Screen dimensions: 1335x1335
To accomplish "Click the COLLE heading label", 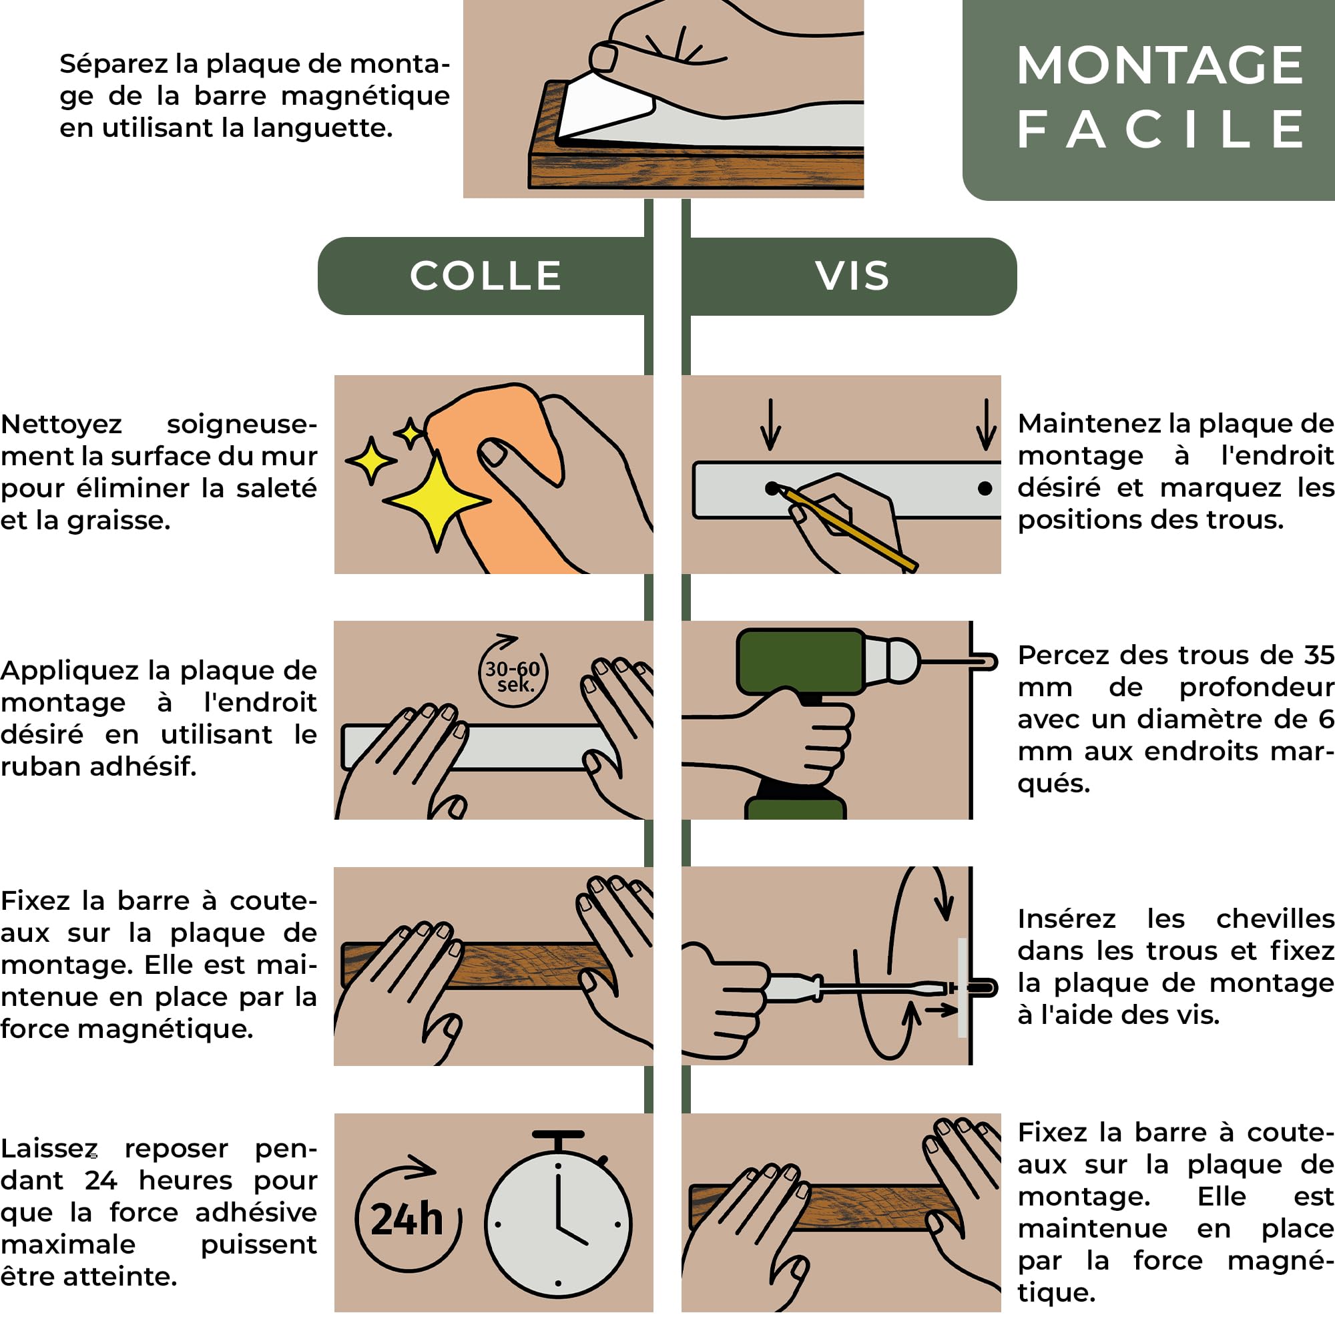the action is [x=485, y=276].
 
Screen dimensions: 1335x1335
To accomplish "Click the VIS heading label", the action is [x=852, y=276].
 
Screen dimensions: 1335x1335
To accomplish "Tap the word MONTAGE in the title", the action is [x=1160, y=65].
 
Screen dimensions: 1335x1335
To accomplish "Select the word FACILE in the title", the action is [x=1160, y=129].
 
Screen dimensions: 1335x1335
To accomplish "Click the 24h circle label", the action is [x=408, y=1219].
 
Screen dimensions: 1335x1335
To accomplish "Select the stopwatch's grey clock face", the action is [x=557, y=1224].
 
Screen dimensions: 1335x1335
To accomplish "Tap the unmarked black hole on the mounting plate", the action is [x=985, y=489].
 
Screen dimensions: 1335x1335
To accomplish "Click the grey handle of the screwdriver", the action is [x=792, y=988].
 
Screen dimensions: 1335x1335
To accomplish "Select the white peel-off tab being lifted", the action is [x=605, y=107].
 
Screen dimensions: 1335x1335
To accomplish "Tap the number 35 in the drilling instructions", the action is [x=1319, y=654].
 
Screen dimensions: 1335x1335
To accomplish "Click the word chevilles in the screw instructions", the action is [x=1275, y=919].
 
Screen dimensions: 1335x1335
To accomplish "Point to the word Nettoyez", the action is [x=61, y=425].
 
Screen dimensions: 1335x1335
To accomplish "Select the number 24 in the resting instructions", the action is [x=101, y=1180].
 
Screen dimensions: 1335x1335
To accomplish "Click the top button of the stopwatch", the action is [x=558, y=1135].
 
